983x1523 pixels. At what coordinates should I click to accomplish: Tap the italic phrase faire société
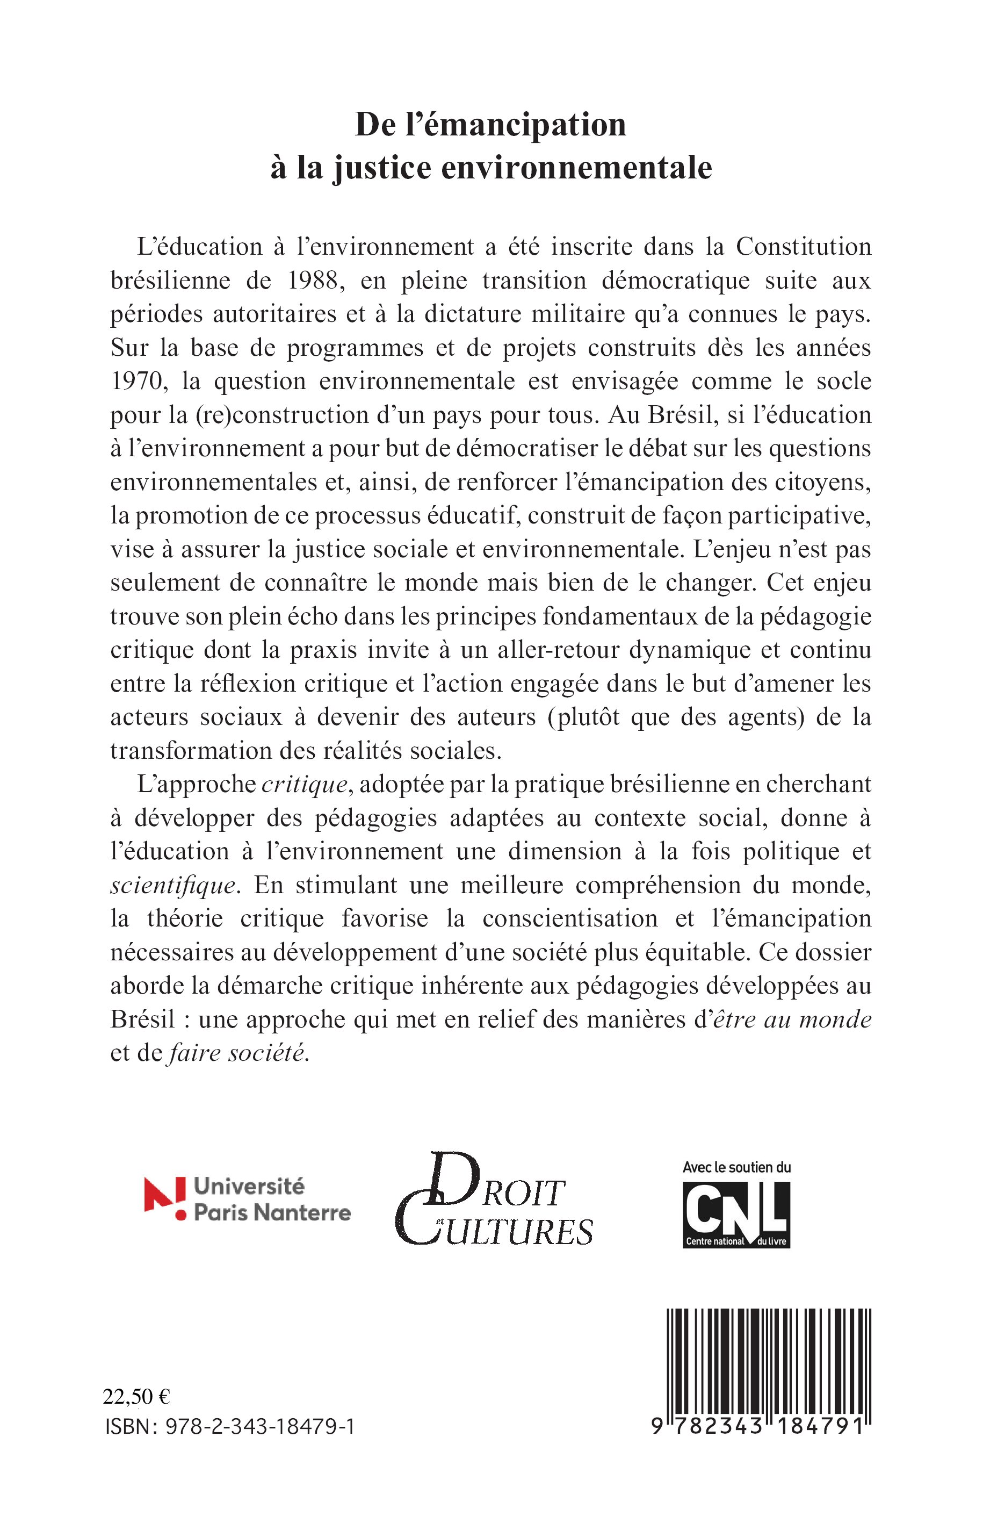coord(237,1053)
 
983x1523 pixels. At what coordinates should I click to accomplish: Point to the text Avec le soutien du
coord(736,1167)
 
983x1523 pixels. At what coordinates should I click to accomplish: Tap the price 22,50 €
coord(136,1397)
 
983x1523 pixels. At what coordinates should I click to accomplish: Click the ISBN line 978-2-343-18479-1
coord(230,1427)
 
